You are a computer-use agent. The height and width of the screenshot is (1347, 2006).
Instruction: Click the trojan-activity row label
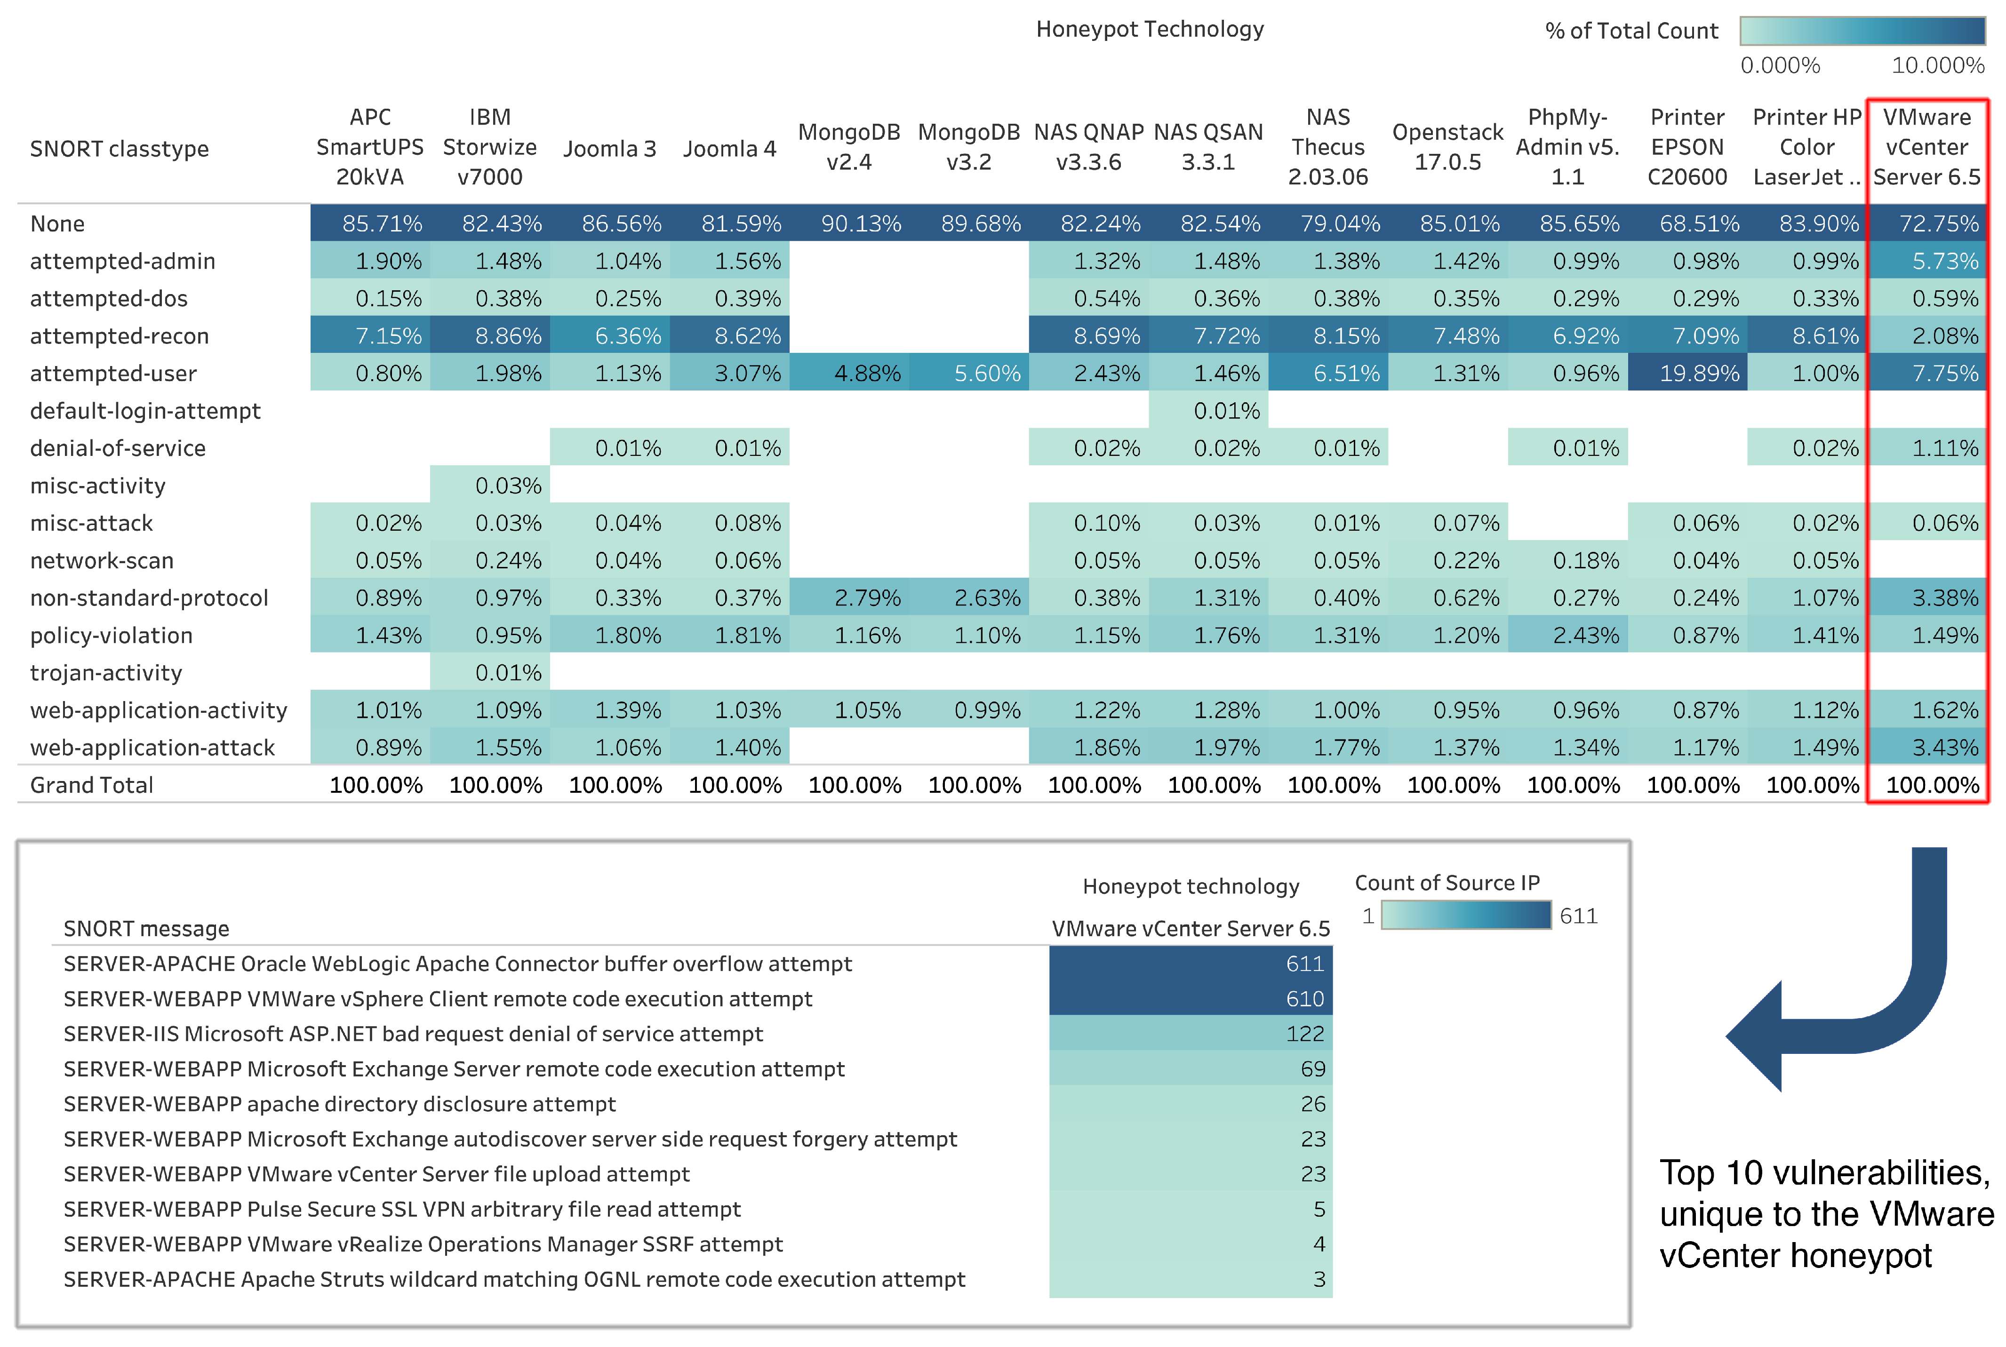click(106, 673)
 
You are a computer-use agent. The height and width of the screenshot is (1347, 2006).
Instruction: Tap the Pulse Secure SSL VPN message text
click(401, 1210)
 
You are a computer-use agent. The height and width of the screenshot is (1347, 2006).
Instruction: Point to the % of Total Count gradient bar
click(1862, 31)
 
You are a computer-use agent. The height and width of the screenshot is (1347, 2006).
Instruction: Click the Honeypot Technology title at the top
click(1150, 29)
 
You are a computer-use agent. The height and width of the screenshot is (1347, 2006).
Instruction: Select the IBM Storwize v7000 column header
click(490, 147)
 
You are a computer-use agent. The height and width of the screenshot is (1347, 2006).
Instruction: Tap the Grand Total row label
click(91, 785)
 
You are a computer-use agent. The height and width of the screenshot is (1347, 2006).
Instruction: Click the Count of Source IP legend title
click(1447, 883)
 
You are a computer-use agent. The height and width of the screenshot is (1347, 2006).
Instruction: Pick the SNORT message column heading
click(146, 929)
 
